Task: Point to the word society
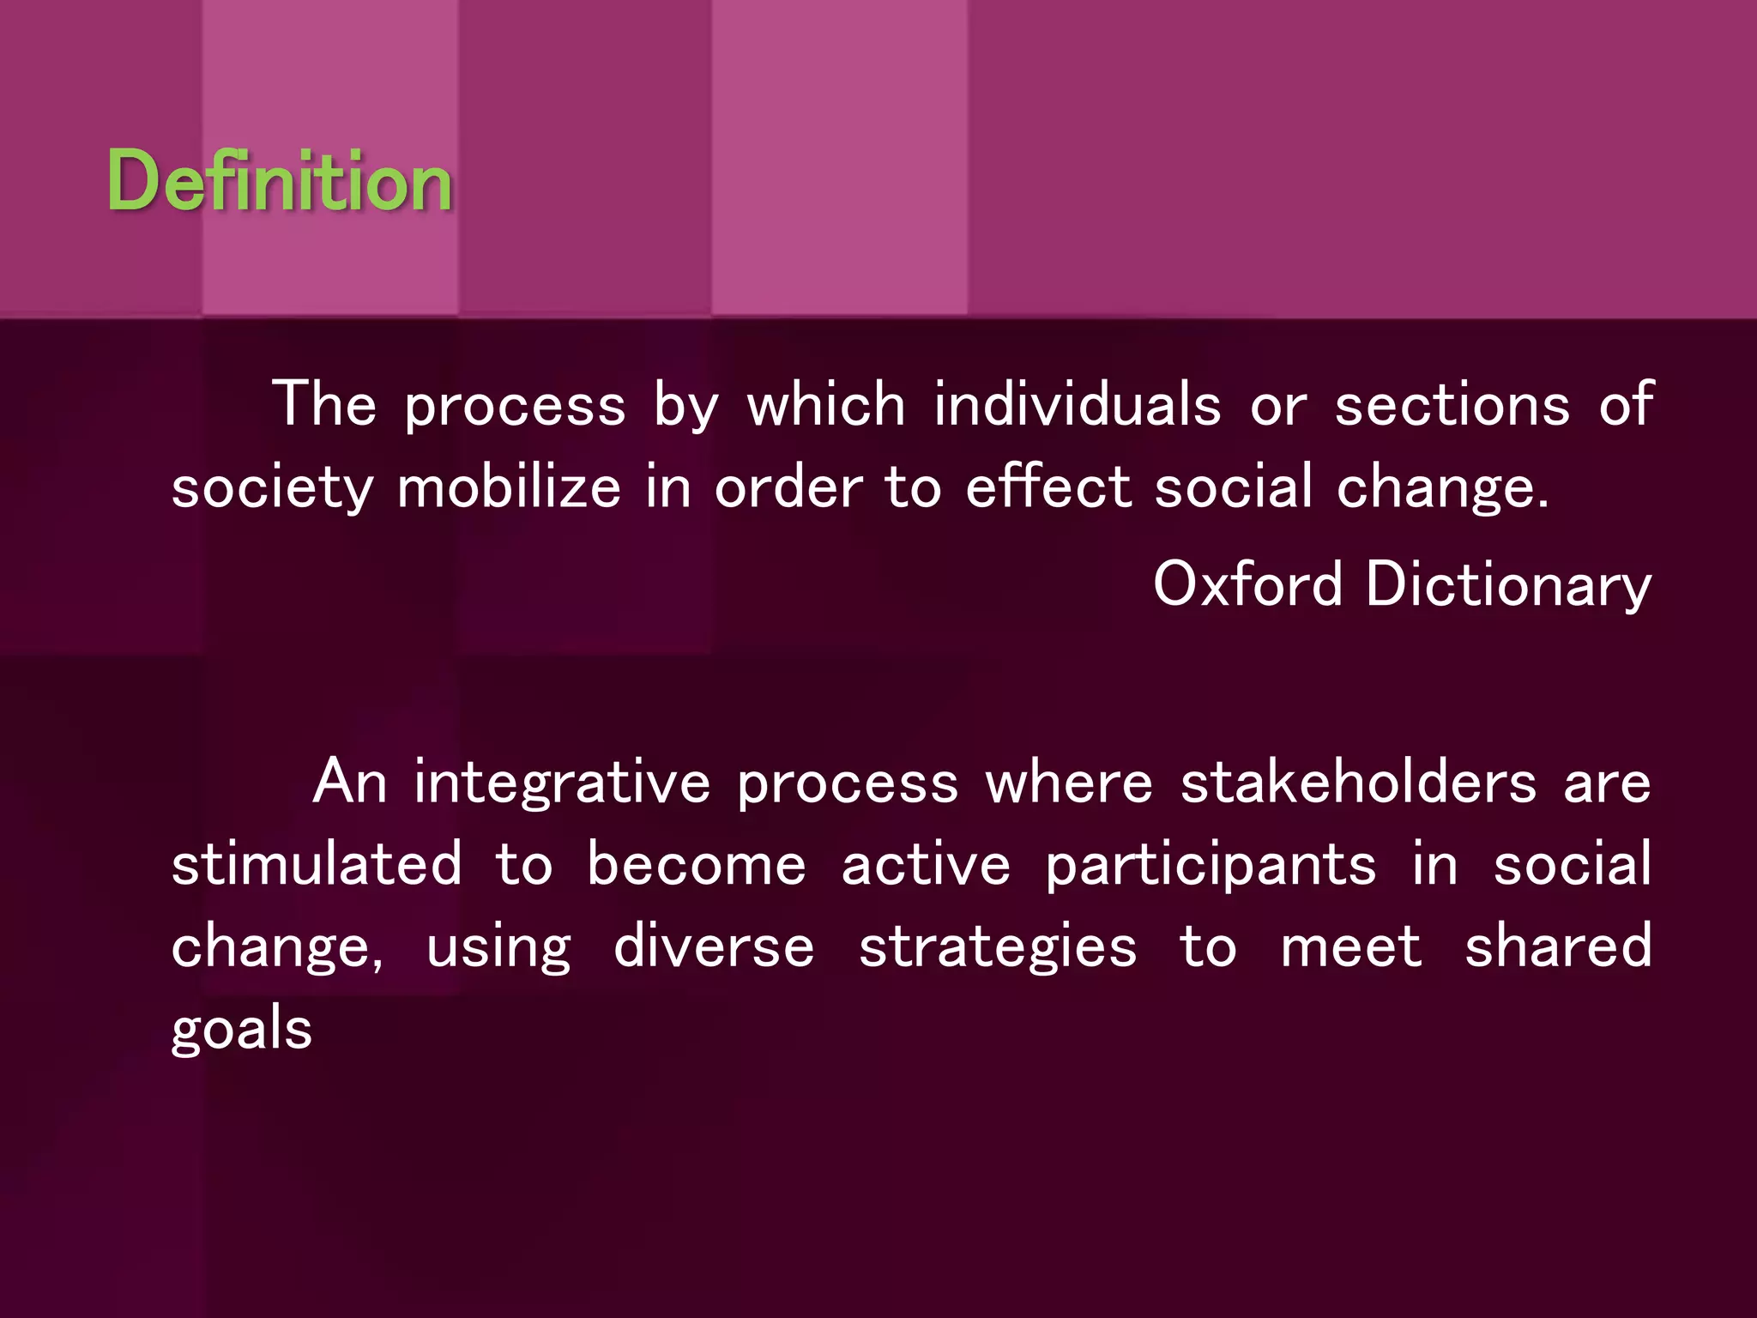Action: (x=272, y=487)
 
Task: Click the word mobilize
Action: (x=509, y=487)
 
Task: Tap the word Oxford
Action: (x=1247, y=583)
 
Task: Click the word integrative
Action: (x=562, y=783)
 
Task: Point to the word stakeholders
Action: (x=1358, y=783)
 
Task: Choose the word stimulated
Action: (x=317, y=863)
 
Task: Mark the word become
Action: (x=696, y=863)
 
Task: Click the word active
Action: (x=926, y=863)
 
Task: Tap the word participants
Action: (x=1211, y=865)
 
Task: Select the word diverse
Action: (x=714, y=946)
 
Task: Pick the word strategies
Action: (x=998, y=947)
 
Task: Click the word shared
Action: (x=1557, y=946)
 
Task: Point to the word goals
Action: (x=241, y=1028)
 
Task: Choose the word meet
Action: (x=1350, y=946)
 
